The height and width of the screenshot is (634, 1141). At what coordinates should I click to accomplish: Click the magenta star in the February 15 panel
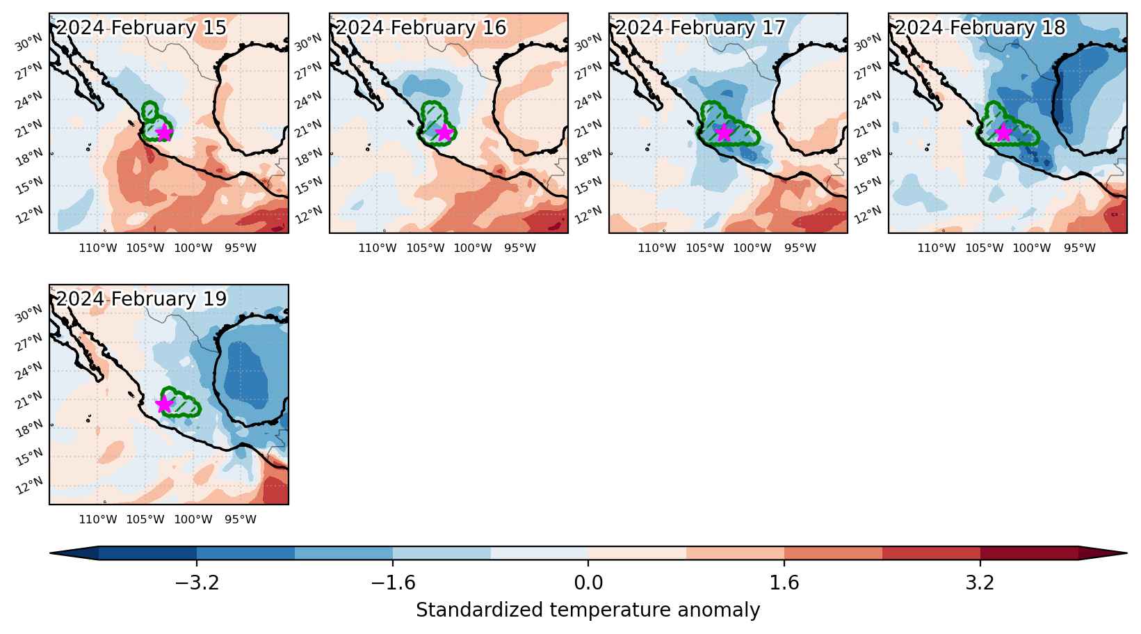click(x=164, y=132)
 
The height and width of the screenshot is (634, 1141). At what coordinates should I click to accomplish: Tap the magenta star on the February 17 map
click(x=724, y=132)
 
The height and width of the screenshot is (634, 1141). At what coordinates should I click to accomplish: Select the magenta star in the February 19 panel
click(x=164, y=404)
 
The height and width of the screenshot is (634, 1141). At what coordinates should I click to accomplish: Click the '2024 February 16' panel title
click(x=421, y=28)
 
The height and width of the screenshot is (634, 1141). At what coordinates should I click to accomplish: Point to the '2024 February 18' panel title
click(x=980, y=28)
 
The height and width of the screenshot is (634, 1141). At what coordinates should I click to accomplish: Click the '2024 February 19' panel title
click(x=141, y=299)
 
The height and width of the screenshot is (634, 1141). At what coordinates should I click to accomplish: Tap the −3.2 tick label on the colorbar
click(x=197, y=582)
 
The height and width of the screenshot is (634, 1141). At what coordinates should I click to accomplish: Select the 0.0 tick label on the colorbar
click(x=588, y=582)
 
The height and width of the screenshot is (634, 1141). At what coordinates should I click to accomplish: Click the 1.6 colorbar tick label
click(x=784, y=582)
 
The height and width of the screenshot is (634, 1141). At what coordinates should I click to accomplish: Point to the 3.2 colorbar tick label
click(x=980, y=582)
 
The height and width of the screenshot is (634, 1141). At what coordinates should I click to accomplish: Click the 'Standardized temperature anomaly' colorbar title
click(x=588, y=610)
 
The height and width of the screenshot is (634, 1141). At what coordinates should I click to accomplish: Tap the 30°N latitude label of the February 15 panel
click(x=29, y=43)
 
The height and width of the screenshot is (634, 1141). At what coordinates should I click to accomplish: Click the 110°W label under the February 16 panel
click(x=378, y=248)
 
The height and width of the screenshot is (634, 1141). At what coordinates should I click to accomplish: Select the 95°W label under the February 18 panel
click(x=1079, y=248)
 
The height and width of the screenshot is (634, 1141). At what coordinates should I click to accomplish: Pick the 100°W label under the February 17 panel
click(x=752, y=248)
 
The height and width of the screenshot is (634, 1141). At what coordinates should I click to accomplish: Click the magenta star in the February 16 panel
click(x=444, y=132)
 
